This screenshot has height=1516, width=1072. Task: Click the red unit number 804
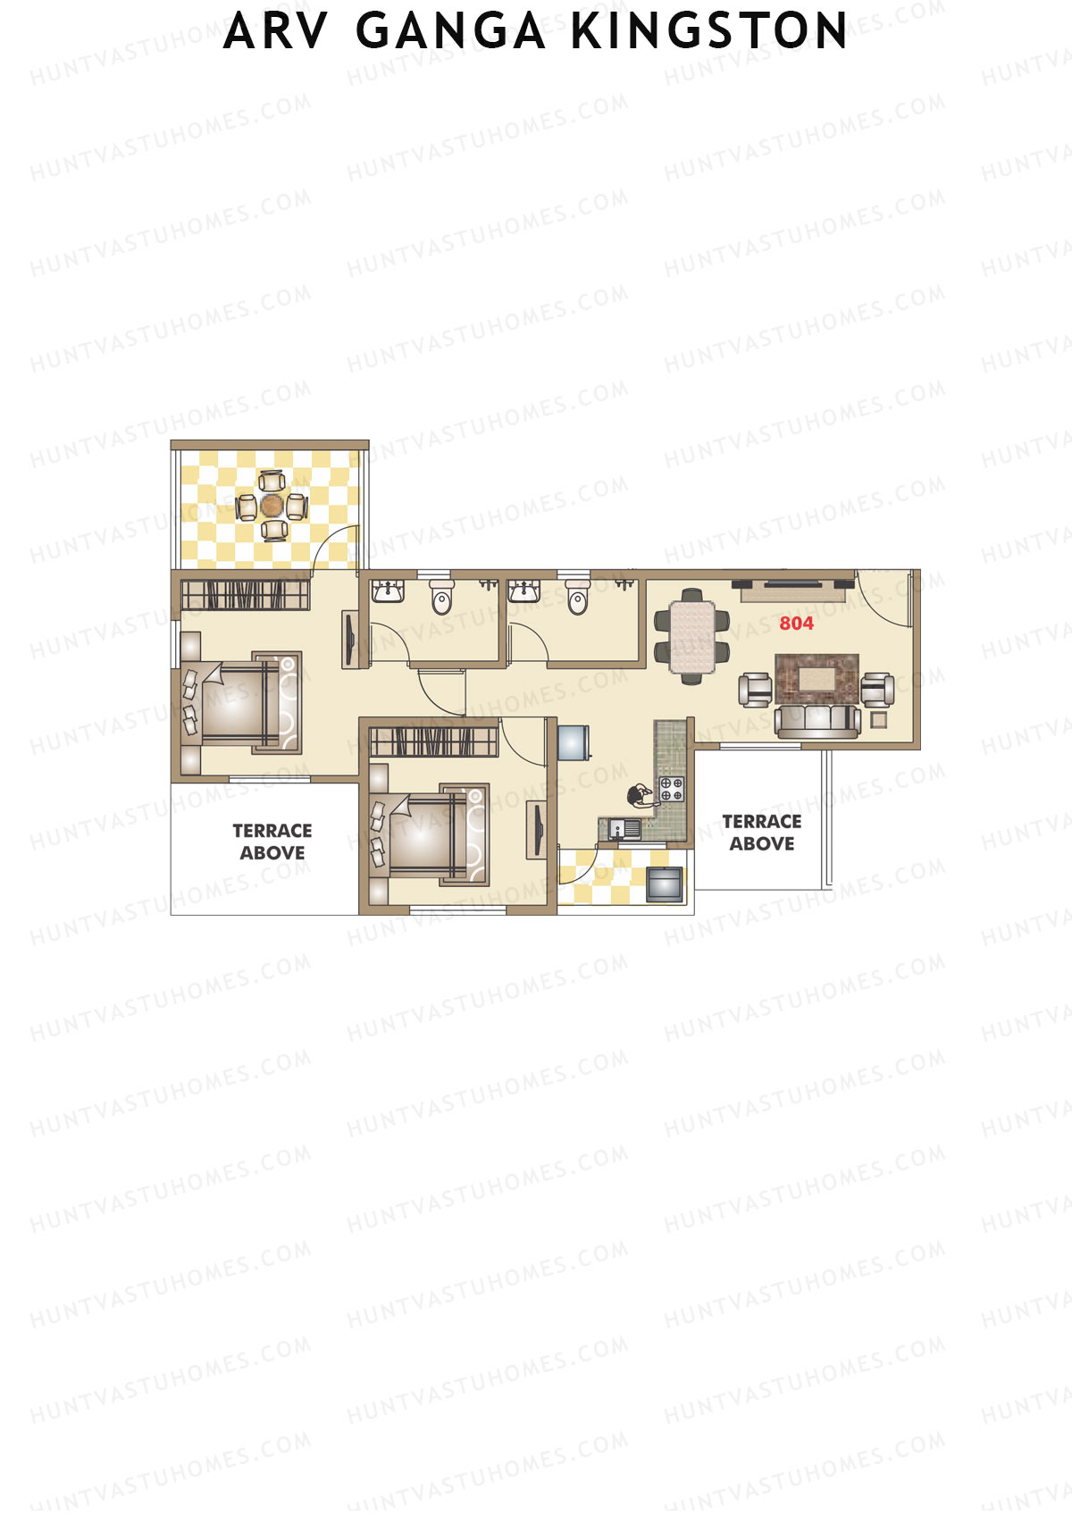coord(796,623)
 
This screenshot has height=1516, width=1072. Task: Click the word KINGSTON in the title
coord(708,30)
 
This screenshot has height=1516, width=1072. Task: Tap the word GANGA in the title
coord(450,30)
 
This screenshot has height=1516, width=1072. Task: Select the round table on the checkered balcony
coord(272,506)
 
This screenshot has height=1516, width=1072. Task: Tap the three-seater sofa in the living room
coord(817,722)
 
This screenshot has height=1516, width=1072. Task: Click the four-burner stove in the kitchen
coord(672,789)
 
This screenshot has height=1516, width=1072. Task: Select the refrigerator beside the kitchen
coord(574,743)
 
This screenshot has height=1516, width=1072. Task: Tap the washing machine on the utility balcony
coord(665,884)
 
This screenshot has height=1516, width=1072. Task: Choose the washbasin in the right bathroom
coord(523,590)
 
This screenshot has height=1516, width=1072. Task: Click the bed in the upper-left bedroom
coord(241,703)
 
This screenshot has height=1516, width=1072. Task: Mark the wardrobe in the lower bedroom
coord(434,741)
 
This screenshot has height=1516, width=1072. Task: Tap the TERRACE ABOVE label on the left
coord(272,842)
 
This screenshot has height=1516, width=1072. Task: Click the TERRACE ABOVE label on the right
coord(762,833)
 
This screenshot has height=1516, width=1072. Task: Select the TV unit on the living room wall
coord(794,590)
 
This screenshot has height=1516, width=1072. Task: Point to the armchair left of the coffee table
coord(755,690)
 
